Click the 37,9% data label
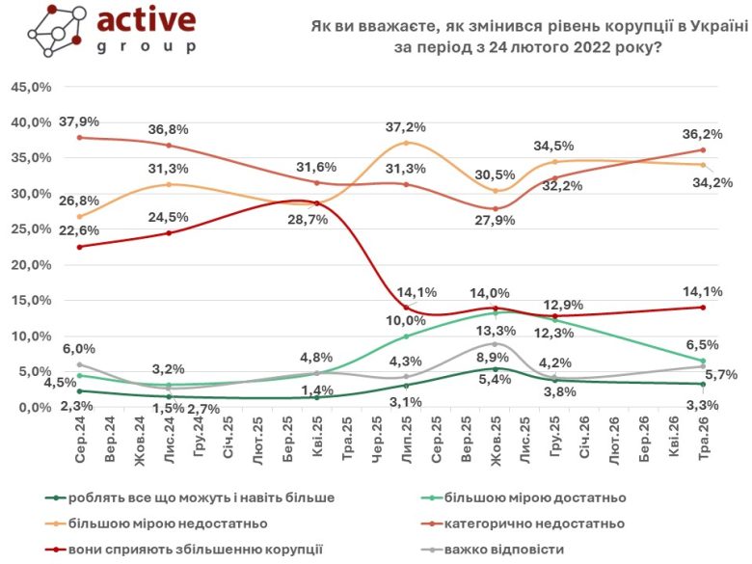click(79, 121)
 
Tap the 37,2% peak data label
click(406, 127)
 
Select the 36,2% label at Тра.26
click(702, 134)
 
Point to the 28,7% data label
click(308, 220)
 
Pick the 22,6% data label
click(79, 230)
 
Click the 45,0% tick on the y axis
click(31, 88)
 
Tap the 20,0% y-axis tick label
click(31, 265)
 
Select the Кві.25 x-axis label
click(317, 439)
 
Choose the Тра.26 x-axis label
click(704, 439)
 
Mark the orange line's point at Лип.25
click(406, 143)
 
